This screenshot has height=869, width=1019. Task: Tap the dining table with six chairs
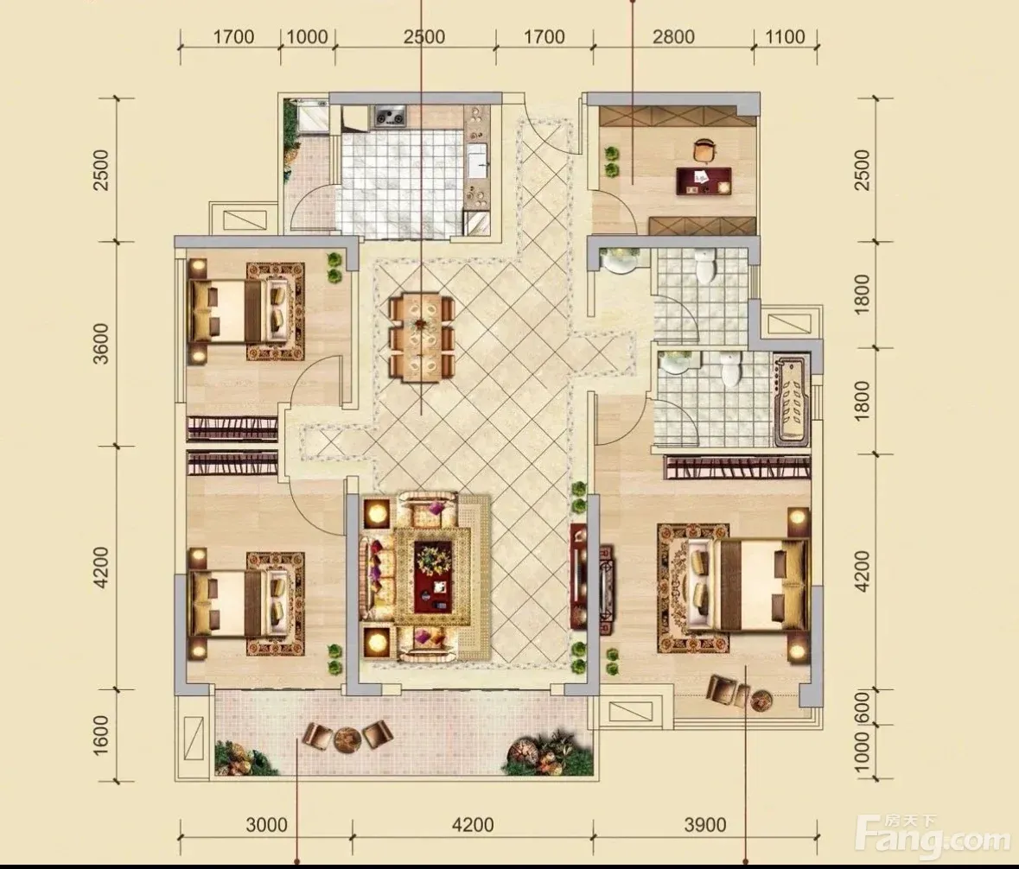tap(422, 337)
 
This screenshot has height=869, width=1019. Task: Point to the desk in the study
tap(704, 180)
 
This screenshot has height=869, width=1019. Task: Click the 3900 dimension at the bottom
tap(705, 825)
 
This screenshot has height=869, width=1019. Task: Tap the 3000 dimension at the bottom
tap(266, 825)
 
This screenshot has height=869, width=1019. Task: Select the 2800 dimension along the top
tap(673, 36)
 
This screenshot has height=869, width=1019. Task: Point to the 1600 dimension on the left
tap(101, 735)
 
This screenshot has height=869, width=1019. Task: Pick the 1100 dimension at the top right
tap(785, 36)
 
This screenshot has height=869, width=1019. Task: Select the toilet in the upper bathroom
tap(705, 264)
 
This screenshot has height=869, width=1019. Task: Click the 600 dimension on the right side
tap(861, 707)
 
